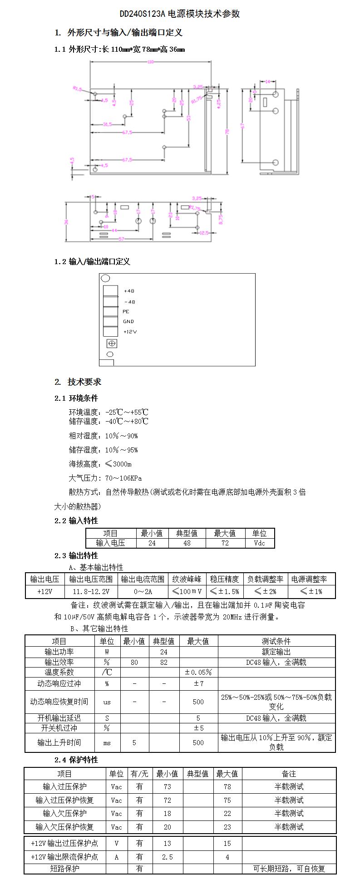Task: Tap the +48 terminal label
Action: click(x=129, y=291)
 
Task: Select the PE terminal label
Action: click(x=126, y=311)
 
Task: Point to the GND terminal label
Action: click(x=128, y=321)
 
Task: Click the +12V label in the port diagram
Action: click(x=130, y=332)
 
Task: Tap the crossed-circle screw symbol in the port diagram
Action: click(x=111, y=344)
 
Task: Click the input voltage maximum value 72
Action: click(x=225, y=543)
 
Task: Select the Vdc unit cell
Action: click(x=259, y=543)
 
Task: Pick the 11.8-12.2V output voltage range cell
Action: click(x=91, y=591)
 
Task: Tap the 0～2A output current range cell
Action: click(x=143, y=591)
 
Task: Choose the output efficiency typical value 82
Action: click(x=164, y=662)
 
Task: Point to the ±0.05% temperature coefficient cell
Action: click(x=198, y=672)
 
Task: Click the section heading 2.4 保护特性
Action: click(x=76, y=760)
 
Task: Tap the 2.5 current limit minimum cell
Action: click(x=167, y=857)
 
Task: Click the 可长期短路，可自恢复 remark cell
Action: click(x=289, y=869)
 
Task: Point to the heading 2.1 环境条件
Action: click(x=76, y=398)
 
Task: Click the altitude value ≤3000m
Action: click(x=118, y=464)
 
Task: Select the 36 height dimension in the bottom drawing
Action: click(x=66, y=222)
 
